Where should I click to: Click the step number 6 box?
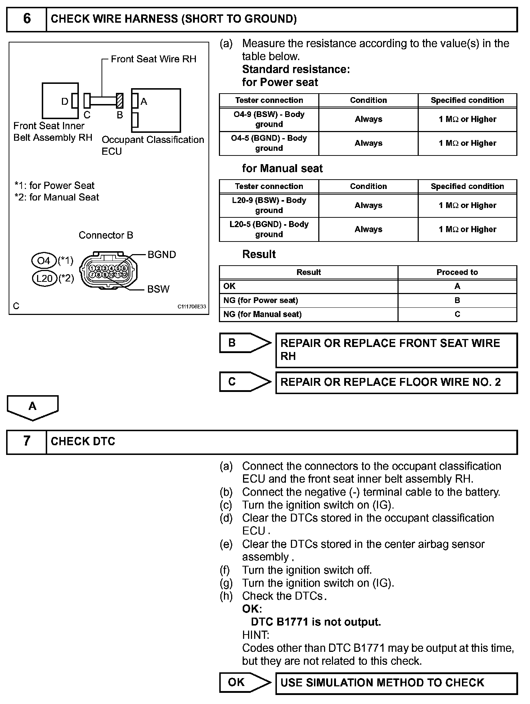(27, 19)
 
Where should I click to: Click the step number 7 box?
(27, 441)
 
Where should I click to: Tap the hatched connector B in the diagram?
(120, 100)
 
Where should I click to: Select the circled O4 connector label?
(44, 260)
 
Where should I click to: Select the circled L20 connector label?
(45, 278)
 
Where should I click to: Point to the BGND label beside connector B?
(162, 255)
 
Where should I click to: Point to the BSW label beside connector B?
(158, 289)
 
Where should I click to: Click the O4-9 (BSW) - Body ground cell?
(269, 119)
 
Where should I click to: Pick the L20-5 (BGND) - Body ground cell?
(269, 229)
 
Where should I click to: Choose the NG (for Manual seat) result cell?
(308, 314)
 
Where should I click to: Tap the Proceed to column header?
(457, 272)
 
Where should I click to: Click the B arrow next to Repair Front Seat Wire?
(245, 343)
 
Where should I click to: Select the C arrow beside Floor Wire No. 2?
(245, 382)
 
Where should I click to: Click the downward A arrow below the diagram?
(32, 407)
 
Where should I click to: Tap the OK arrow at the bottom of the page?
(245, 682)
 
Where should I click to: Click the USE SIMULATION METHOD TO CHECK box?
(396, 683)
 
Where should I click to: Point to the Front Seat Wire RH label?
(153, 59)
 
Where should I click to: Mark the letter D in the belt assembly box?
(65, 101)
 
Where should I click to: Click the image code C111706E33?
(192, 307)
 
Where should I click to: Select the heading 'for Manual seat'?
(282, 168)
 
